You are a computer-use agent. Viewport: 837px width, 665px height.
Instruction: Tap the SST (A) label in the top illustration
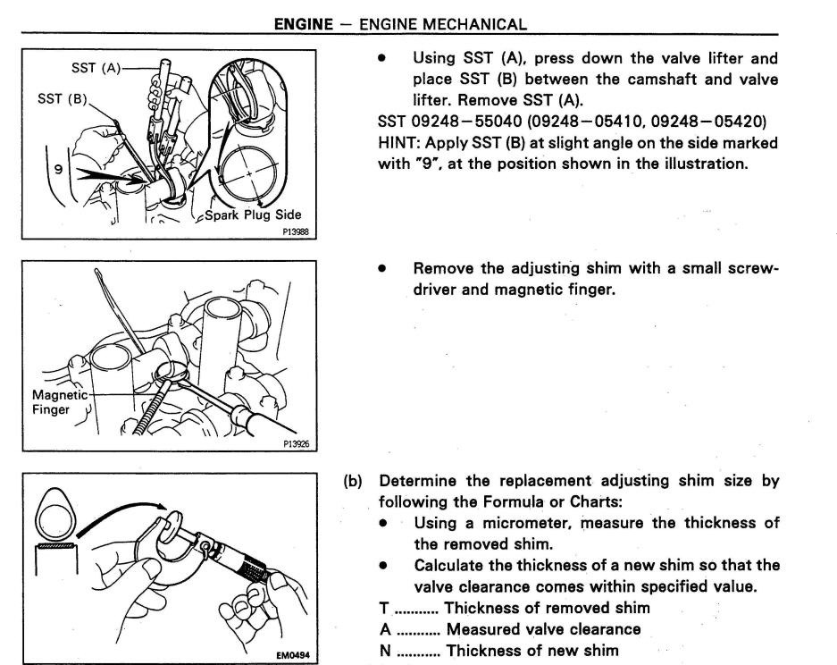tap(96, 68)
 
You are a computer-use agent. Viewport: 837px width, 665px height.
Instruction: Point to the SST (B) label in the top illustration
tap(62, 97)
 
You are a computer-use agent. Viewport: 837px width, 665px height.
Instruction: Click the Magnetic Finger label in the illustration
tap(60, 402)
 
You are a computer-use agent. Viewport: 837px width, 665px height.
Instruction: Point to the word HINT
tap(398, 143)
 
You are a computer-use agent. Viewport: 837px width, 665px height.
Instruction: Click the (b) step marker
tap(354, 481)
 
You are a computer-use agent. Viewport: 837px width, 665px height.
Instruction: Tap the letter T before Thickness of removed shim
tap(384, 609)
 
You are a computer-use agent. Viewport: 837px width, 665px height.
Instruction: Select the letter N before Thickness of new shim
tap(385, 651)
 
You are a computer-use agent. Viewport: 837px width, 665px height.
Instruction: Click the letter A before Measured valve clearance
tap(385, 629)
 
